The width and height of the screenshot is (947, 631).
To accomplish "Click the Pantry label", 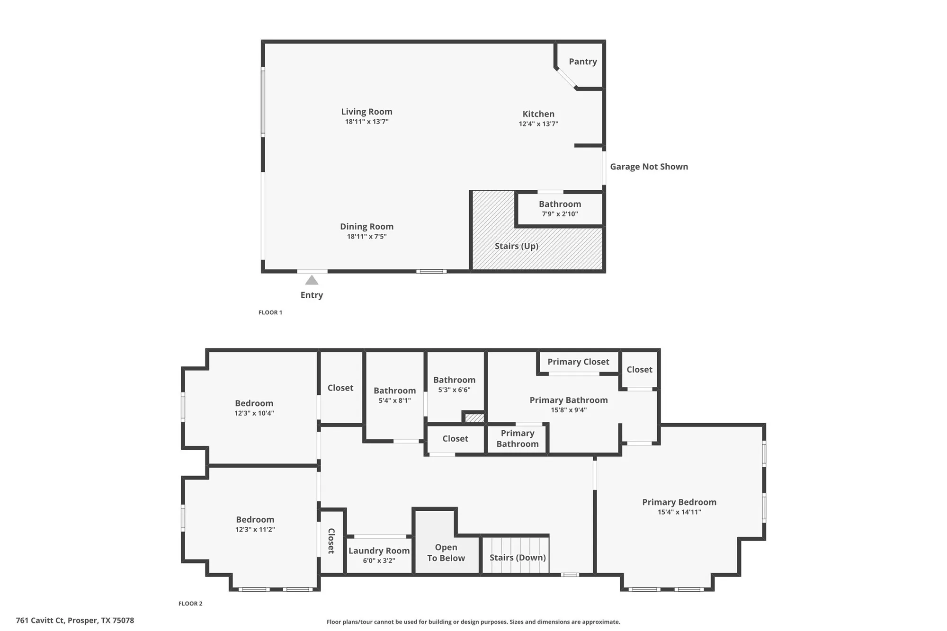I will tap(582, 62).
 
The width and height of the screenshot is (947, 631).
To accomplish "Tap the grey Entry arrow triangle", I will tap(312, 280).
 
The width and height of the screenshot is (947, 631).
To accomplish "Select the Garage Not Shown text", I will tap(649, 167).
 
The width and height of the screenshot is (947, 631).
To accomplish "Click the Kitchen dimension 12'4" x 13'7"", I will tap(538, 124).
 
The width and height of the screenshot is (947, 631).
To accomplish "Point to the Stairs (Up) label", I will tap(516, 246).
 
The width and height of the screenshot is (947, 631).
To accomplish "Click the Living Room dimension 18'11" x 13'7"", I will tap(366, 122).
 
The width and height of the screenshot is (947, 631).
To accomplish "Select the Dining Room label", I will tap(366, 227).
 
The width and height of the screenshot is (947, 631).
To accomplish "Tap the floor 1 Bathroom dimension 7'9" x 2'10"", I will tap(560, 214).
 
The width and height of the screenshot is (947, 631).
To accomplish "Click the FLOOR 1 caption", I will tap(270, 312).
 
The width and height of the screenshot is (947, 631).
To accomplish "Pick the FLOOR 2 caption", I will tap(190, 604).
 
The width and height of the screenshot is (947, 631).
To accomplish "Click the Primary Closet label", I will tap(578, 362).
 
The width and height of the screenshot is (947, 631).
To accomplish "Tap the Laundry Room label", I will tap(379, 551).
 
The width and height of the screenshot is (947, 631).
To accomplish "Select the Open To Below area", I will tap(446, 552).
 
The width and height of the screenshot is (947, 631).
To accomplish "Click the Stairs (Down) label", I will tap(518, 558).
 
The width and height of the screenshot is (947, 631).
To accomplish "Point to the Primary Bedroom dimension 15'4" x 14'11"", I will tap(679, 512).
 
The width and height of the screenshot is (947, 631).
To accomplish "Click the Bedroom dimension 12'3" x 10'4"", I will tap(254, 413).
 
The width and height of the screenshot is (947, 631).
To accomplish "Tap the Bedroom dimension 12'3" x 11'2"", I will tap(255, 530).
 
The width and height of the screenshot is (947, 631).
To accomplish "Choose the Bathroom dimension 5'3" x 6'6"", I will tap(454, 390).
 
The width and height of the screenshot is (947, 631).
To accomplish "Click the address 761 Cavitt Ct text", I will tap(75, 620).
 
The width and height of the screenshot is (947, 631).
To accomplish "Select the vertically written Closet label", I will tap(331, 541).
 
